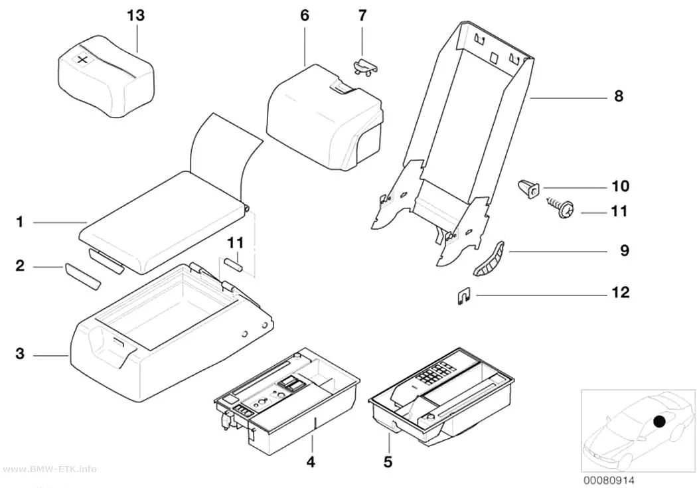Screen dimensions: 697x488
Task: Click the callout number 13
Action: (x=136, y=15)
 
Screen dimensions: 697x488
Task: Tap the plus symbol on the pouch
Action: (x=83, y=59)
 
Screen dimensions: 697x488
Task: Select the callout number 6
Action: (x=305, y=15)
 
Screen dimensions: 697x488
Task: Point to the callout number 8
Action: (x=619, y=96)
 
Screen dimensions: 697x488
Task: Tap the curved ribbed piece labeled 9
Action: (x=489, y=259)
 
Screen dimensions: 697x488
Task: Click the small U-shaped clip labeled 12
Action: (x=464, y=297)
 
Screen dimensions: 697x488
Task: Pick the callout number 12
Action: (x=621, y=292)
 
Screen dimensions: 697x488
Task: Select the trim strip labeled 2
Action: (x=84, y=276)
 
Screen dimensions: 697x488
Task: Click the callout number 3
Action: (x=20, y=354)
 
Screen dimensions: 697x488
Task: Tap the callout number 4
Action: (x=311, y=462)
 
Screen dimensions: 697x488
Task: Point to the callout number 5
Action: (x=388, y=462)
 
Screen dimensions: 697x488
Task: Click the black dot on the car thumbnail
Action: (x=660, y=420)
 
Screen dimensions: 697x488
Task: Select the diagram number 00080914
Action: (x=609, y=480)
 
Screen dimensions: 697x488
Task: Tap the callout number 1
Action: (x=19, y=222)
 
